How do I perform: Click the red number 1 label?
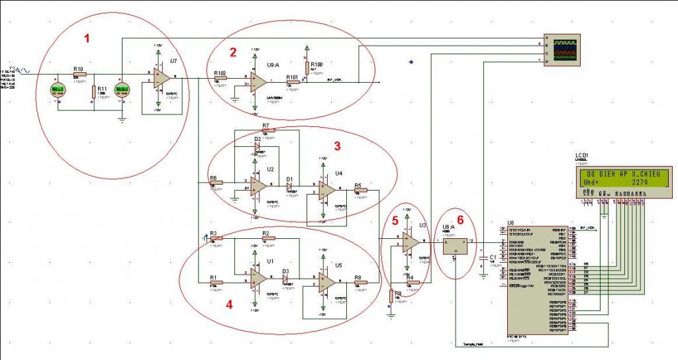pyautogui.click(x=86, y=38)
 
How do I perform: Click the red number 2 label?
pyautogui.click(x=232, y=52)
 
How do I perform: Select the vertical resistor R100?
pyautogui.click(x=307, y=68)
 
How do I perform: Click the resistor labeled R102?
pyautogui.click(x=220, y=78)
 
